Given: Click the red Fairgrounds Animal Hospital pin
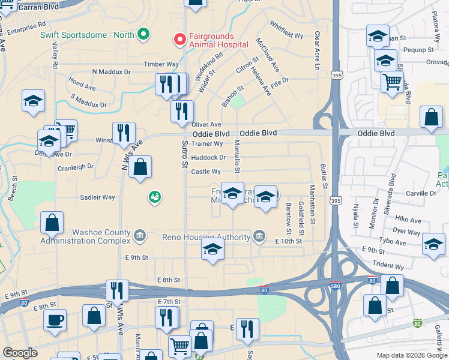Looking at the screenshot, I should (179, 40).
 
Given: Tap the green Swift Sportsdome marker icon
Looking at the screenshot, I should (143, 35).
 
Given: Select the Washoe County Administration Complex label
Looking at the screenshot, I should (85, 236).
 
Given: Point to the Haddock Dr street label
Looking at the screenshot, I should (208, 158).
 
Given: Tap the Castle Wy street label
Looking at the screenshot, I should (206, 172).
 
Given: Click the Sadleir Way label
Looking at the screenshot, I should (97, 197).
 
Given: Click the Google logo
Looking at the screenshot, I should (20, 353).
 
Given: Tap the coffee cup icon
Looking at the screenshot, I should (55, 320).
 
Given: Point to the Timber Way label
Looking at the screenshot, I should (161, 64).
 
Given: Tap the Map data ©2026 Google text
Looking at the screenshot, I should (411, 355).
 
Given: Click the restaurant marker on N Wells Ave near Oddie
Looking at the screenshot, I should (124, 133).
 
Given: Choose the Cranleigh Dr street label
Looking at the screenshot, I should (74, 166).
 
